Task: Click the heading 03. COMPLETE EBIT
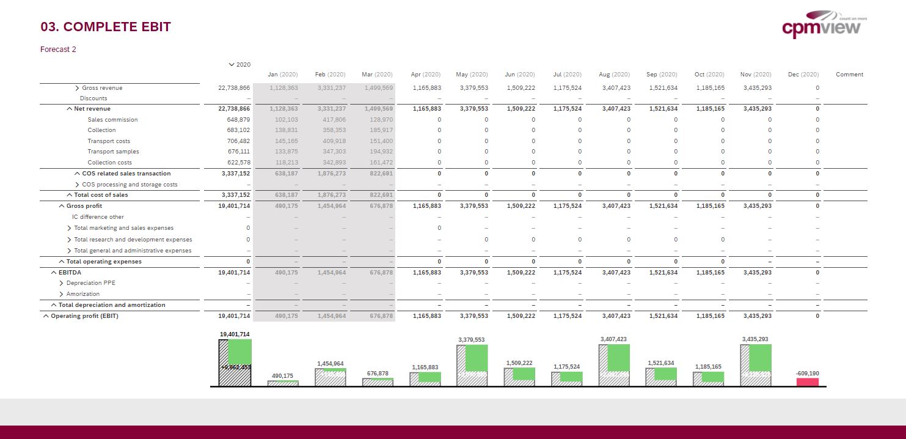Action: coord(106,27)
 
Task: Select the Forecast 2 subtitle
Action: coord(58,50)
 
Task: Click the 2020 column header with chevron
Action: coord(239,64)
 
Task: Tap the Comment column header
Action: coord(849,75)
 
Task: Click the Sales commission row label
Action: coord(112,120)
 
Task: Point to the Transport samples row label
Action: coord(113,152)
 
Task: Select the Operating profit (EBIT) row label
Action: coord(84,316)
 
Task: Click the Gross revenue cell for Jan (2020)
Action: coord(282,88)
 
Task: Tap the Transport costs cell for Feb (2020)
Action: coord(331,141)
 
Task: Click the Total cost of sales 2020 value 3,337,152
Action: coord(236,195)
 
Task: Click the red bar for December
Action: coord(807,382)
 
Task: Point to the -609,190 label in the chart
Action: coord(807,373)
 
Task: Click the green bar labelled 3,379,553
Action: coord(476,358)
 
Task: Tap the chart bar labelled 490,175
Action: coord(283,383)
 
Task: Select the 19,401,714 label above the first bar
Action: coord(235,334)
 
